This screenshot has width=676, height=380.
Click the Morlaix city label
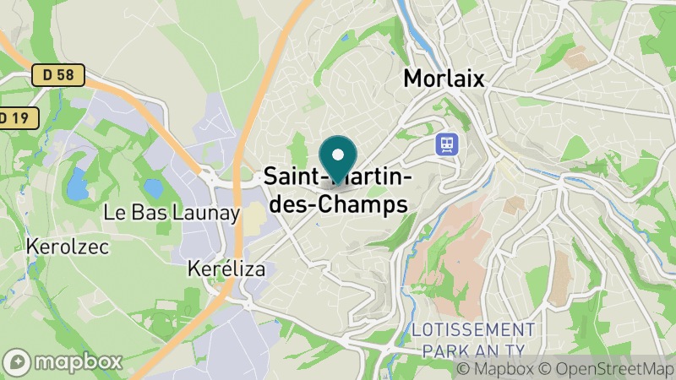coord(444,79)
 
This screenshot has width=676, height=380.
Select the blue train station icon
coord(446,144)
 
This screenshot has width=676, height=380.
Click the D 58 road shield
coord(58,75)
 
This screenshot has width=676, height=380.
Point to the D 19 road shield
coord(15,118)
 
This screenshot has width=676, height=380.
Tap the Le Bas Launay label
coord(172,213)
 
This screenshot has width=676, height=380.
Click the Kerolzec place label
coord(57,247)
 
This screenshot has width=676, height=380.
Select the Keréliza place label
coord(226,269)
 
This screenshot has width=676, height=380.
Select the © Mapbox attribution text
coord(495,369)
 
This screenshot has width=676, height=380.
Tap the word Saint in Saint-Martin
coord(292,177)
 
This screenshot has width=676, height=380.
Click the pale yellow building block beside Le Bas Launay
coord(253,219)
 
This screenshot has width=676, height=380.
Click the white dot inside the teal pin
coord(338,155)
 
